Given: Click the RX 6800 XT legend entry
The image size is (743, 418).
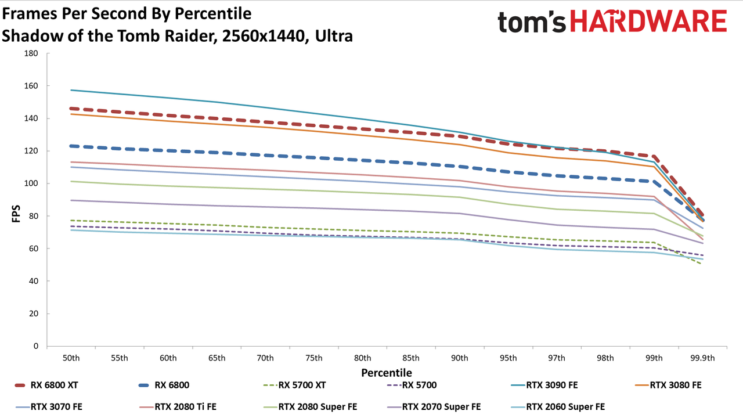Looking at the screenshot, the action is pos(46,385).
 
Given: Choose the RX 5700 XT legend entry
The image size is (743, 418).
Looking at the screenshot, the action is pos(294,385).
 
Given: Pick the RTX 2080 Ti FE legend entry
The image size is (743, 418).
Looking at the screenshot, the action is pos(178,407).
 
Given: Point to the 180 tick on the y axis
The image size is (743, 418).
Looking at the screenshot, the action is pos(31,53).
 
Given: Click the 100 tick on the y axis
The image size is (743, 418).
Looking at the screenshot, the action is pos(31,183).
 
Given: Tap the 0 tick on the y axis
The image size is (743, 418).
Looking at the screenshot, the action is pos(36,346).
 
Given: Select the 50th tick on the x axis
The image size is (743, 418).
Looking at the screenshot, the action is pos(71,358).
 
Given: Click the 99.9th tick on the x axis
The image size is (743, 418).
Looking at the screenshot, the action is pos(702,358).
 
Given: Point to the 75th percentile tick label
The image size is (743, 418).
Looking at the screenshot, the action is pos(314,358).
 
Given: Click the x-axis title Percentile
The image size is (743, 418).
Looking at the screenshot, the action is pos(387,373).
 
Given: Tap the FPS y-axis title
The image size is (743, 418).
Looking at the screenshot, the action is pos(16,214).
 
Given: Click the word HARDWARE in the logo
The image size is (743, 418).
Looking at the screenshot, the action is pos(649,21).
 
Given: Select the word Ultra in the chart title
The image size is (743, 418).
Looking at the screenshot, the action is pos(334,36).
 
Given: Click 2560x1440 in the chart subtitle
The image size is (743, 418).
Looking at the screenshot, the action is pos(264,36).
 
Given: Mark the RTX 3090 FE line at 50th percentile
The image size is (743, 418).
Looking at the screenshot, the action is pos(71,90).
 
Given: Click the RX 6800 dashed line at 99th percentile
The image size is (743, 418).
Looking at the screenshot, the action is pos(654,182).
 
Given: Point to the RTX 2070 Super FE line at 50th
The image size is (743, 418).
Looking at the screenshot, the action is pos(71,200).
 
